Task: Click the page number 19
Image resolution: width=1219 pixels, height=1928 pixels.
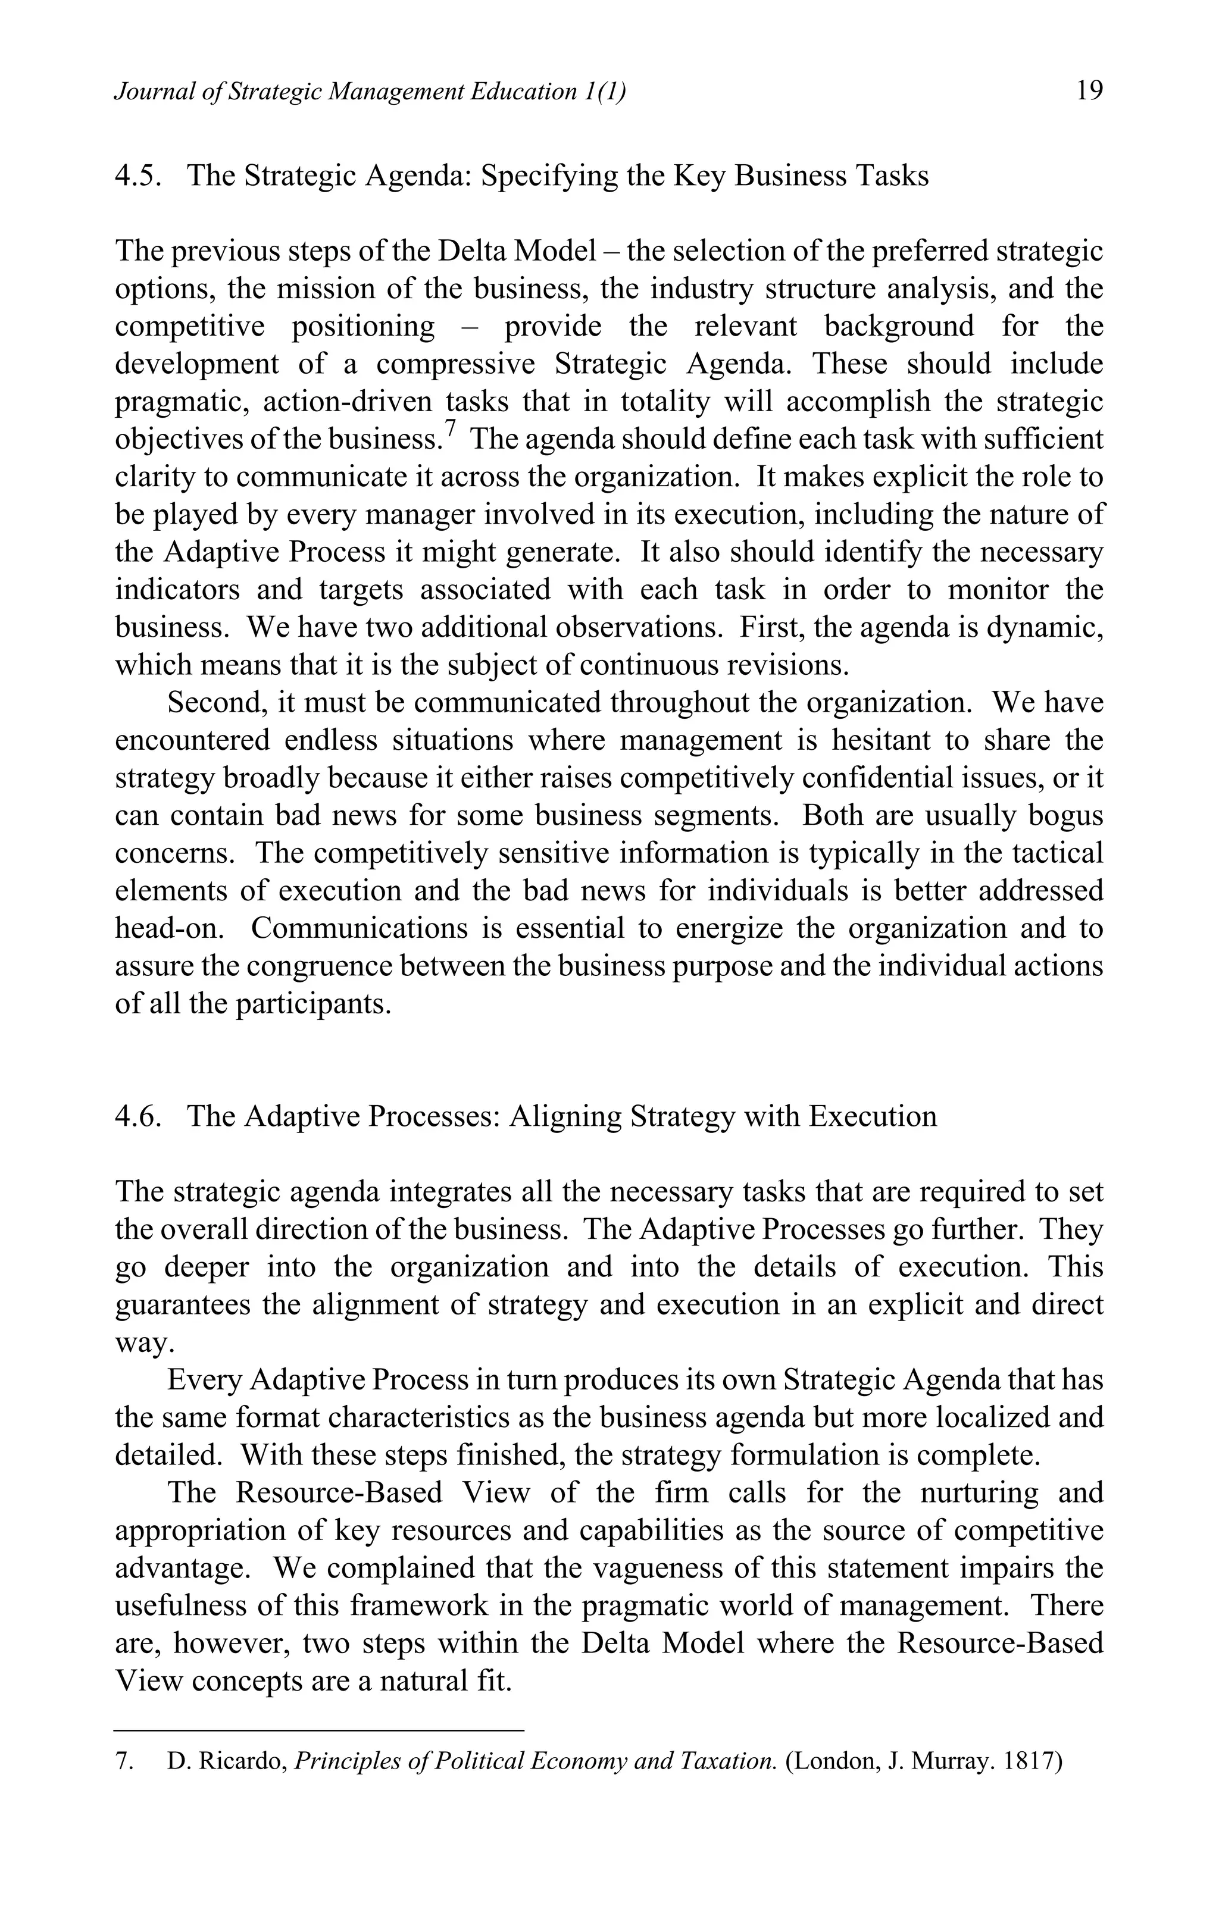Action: (1089, 90)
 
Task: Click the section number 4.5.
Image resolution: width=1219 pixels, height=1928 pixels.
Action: (139, 176)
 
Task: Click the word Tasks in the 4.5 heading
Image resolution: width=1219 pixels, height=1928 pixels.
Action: (890, 176)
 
